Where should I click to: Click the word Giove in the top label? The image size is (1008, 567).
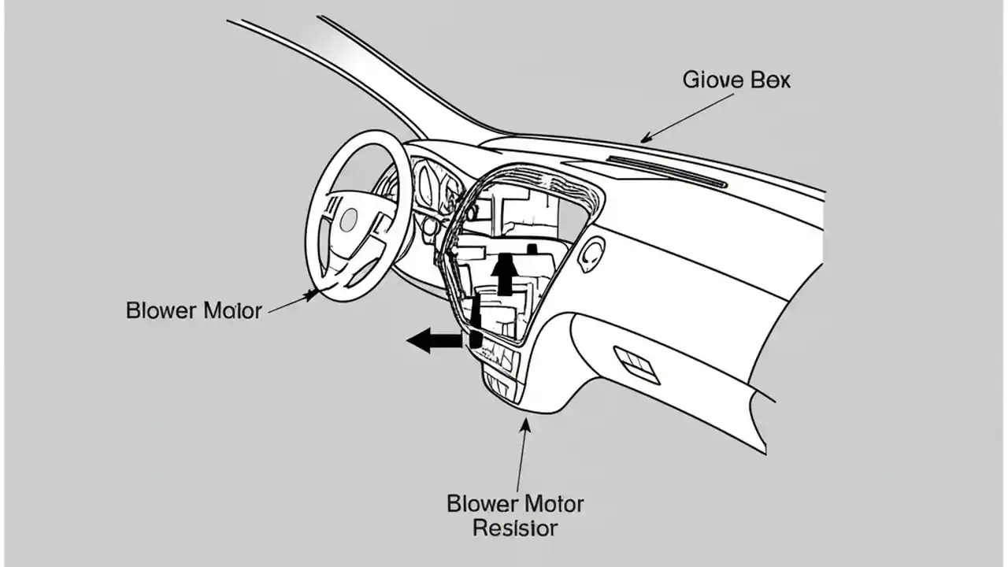click(x=707, y=80)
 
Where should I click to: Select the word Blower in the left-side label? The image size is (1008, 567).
click(x=160, y=310)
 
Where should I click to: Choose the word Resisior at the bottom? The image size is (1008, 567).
click(x=515, y=528)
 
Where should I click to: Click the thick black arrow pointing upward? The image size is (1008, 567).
click(x=506, y=272)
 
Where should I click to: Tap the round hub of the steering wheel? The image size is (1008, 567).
click(x=348, y=219)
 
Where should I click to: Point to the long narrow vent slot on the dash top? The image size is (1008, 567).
click(x=666, y=170)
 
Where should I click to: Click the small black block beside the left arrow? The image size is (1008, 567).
click(x=476, y=339)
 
